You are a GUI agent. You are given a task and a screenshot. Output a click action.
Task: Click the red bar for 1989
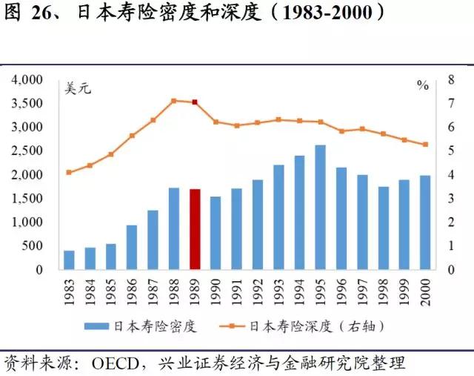(x=195, y=229)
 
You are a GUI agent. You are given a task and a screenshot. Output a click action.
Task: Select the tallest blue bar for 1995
(x=321, y=207)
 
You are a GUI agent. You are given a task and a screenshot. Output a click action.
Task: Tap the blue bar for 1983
(x=69, y=260)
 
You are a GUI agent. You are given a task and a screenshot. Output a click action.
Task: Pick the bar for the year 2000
(x=425, y=222)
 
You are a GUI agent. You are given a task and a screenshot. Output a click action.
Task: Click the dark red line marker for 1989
(x=195, y=102)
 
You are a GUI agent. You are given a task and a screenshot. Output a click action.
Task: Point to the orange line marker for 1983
(x=69, y=172)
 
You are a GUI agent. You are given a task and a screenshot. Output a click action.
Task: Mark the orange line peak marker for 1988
(x=174, y=101)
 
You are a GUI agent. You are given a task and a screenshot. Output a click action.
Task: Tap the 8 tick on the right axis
(x=450, y=79)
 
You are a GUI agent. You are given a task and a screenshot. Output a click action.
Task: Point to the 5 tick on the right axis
(x=450, y=151)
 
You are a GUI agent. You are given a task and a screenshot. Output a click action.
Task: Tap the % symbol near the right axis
(x=423, y=85)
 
